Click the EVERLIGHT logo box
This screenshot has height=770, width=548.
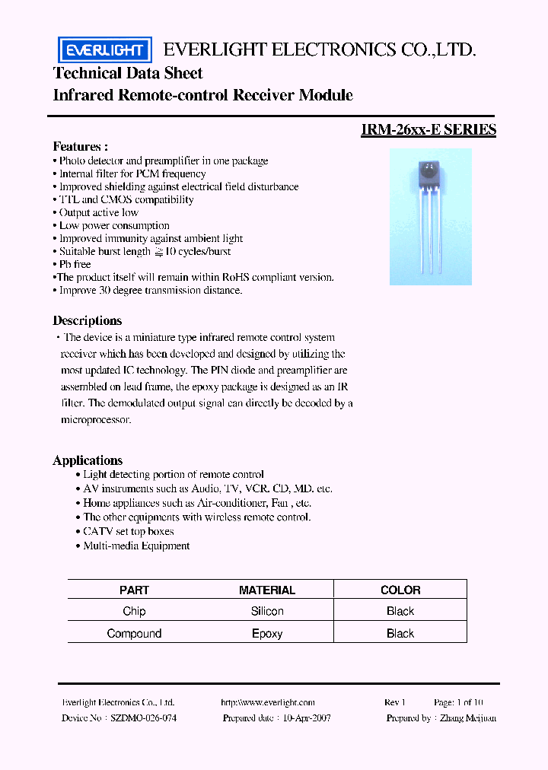click(x=105, y=50)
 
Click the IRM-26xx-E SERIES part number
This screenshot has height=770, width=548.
click(x=429, y=129)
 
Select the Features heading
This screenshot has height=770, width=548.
click(x=80, y=146)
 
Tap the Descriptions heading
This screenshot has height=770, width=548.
click(x=87, y=320)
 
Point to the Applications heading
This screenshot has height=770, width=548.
click(x=88, y=460)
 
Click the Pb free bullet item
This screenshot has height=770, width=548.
click(x=75, y=264)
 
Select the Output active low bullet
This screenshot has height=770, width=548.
click(x=98, y=212)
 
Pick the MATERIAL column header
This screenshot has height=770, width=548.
click(x=266, y=590)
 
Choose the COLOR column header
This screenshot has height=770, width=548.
click(x=400, y=590)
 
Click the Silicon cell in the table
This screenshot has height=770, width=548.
click(x=266, y=611)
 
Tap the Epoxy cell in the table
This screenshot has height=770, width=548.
click(x=266, y=633)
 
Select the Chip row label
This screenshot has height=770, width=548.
click(x=134, y=611)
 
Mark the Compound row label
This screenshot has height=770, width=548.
click(x=134, y=633)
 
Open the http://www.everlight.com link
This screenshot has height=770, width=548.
click(x=267, y=702)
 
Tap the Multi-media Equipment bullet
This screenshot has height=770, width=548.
click(x=136, y=546)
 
